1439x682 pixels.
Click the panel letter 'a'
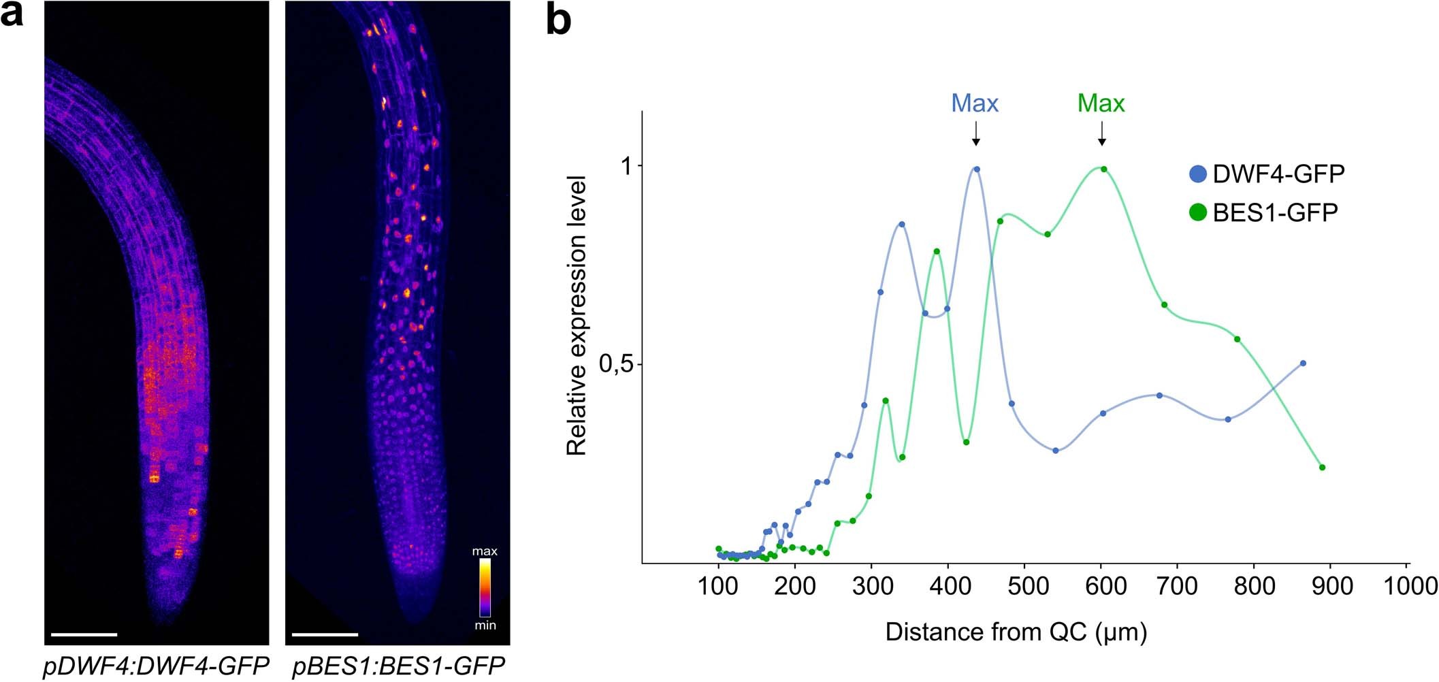(x=12, y=15)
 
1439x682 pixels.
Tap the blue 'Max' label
(x=975, y=103)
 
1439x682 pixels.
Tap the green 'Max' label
(x=1101, y=103)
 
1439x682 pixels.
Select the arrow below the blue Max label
(x=976, y=133)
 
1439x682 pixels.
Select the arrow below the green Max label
(x=1102, y=133)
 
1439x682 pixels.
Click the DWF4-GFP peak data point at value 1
(x=977, y=169)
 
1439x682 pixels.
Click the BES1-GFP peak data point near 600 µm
(x=1104, y=169)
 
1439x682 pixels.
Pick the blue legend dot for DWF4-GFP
(x=1197, y=174)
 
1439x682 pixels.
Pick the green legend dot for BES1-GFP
(x=1197, y=212)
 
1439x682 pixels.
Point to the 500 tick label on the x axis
(x=1024, y=586)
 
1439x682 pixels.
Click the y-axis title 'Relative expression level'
(x=577, y=315)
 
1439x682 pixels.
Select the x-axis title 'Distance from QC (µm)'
(x=1016, y=632)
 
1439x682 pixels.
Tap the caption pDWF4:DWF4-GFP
(x=157, y=666)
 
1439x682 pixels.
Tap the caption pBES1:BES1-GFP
(x=398, y=666)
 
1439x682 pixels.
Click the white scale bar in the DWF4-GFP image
(x=84, y=634)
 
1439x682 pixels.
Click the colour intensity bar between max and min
(x=485, y=588)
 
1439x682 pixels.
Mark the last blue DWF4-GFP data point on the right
(x=1303, y=363)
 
